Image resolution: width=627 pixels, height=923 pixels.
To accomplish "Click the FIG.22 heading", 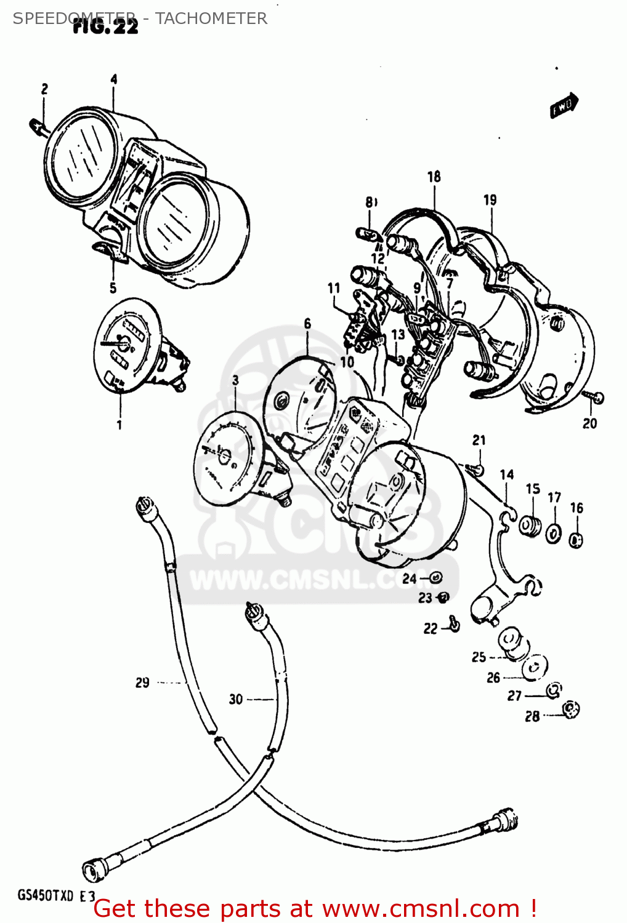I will [x=105, y=26].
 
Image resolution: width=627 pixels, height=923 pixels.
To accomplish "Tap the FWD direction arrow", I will [x=564, y=105].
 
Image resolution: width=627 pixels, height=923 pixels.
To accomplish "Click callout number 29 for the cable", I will [x=142, y=682].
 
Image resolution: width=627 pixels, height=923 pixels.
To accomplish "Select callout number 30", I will [x=236, y=699].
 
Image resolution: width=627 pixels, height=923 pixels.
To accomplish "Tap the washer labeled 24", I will [x=435, y=577].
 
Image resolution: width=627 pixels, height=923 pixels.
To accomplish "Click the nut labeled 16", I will [x=576, y=540].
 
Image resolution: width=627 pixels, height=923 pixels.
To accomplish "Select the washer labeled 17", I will [x=554, y=533].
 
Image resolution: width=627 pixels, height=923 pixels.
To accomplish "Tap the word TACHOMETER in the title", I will [x=211, y=18].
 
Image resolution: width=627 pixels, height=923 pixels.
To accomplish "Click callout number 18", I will [x=434, y=177].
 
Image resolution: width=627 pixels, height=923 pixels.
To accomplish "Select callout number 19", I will [x=490, y=200].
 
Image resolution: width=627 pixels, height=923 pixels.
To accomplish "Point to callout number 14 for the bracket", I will [x=506, y=474].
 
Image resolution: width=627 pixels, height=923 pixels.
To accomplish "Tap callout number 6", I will [x=307, y=324].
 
